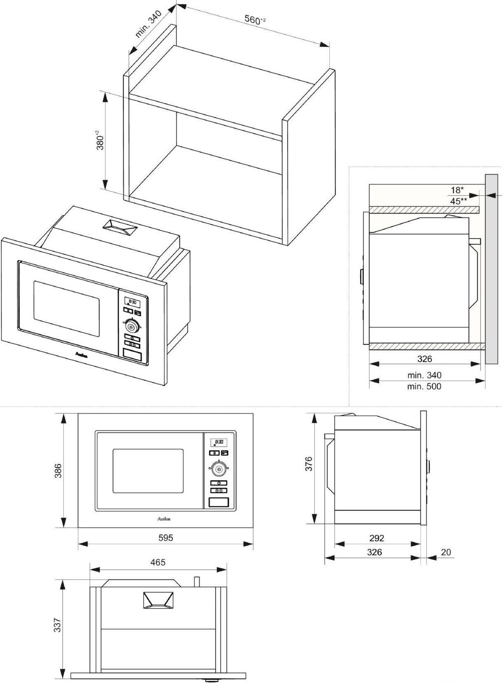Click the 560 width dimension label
coord(252,19)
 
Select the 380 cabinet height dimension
coord(100,140)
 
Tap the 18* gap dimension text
coord(457,190)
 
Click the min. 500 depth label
coord(424,386)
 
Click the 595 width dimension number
coord(166,538)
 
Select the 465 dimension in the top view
coord(158,562)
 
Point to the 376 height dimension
coord(309,464)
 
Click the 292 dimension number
coord(376,538)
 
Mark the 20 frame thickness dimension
coord(446,552)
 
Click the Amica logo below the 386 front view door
coord(164,519)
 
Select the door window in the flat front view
coord(148,471)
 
